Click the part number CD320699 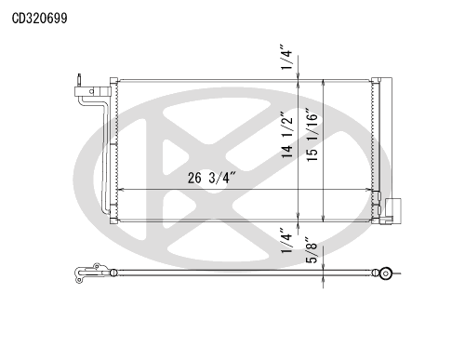click(39, 19)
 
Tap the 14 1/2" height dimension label click(286, 135)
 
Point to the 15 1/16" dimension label click(312, 134)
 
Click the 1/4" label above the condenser click(286, 57)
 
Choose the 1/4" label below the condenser click(286, 241)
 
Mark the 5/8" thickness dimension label click(312, 250)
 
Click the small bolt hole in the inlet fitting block click(91, 91)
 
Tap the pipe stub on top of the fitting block click(79, 80)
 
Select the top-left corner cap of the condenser click(113, 81)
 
